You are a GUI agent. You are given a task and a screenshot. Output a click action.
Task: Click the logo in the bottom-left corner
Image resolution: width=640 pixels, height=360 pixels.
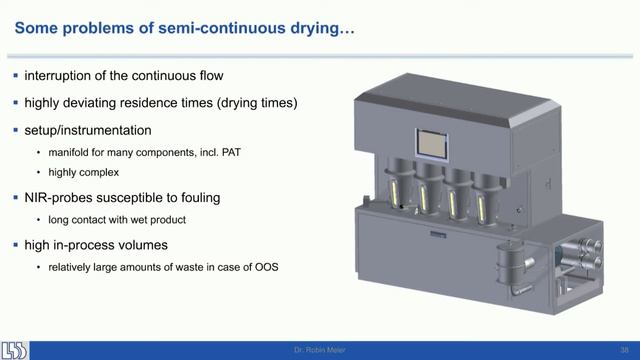[x=15, y=349]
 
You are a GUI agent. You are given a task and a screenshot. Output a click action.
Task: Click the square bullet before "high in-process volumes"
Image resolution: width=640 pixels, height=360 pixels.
[x=15, y=244]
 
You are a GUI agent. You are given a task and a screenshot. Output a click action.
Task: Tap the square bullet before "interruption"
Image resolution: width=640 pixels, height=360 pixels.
[x=15, y=77]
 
